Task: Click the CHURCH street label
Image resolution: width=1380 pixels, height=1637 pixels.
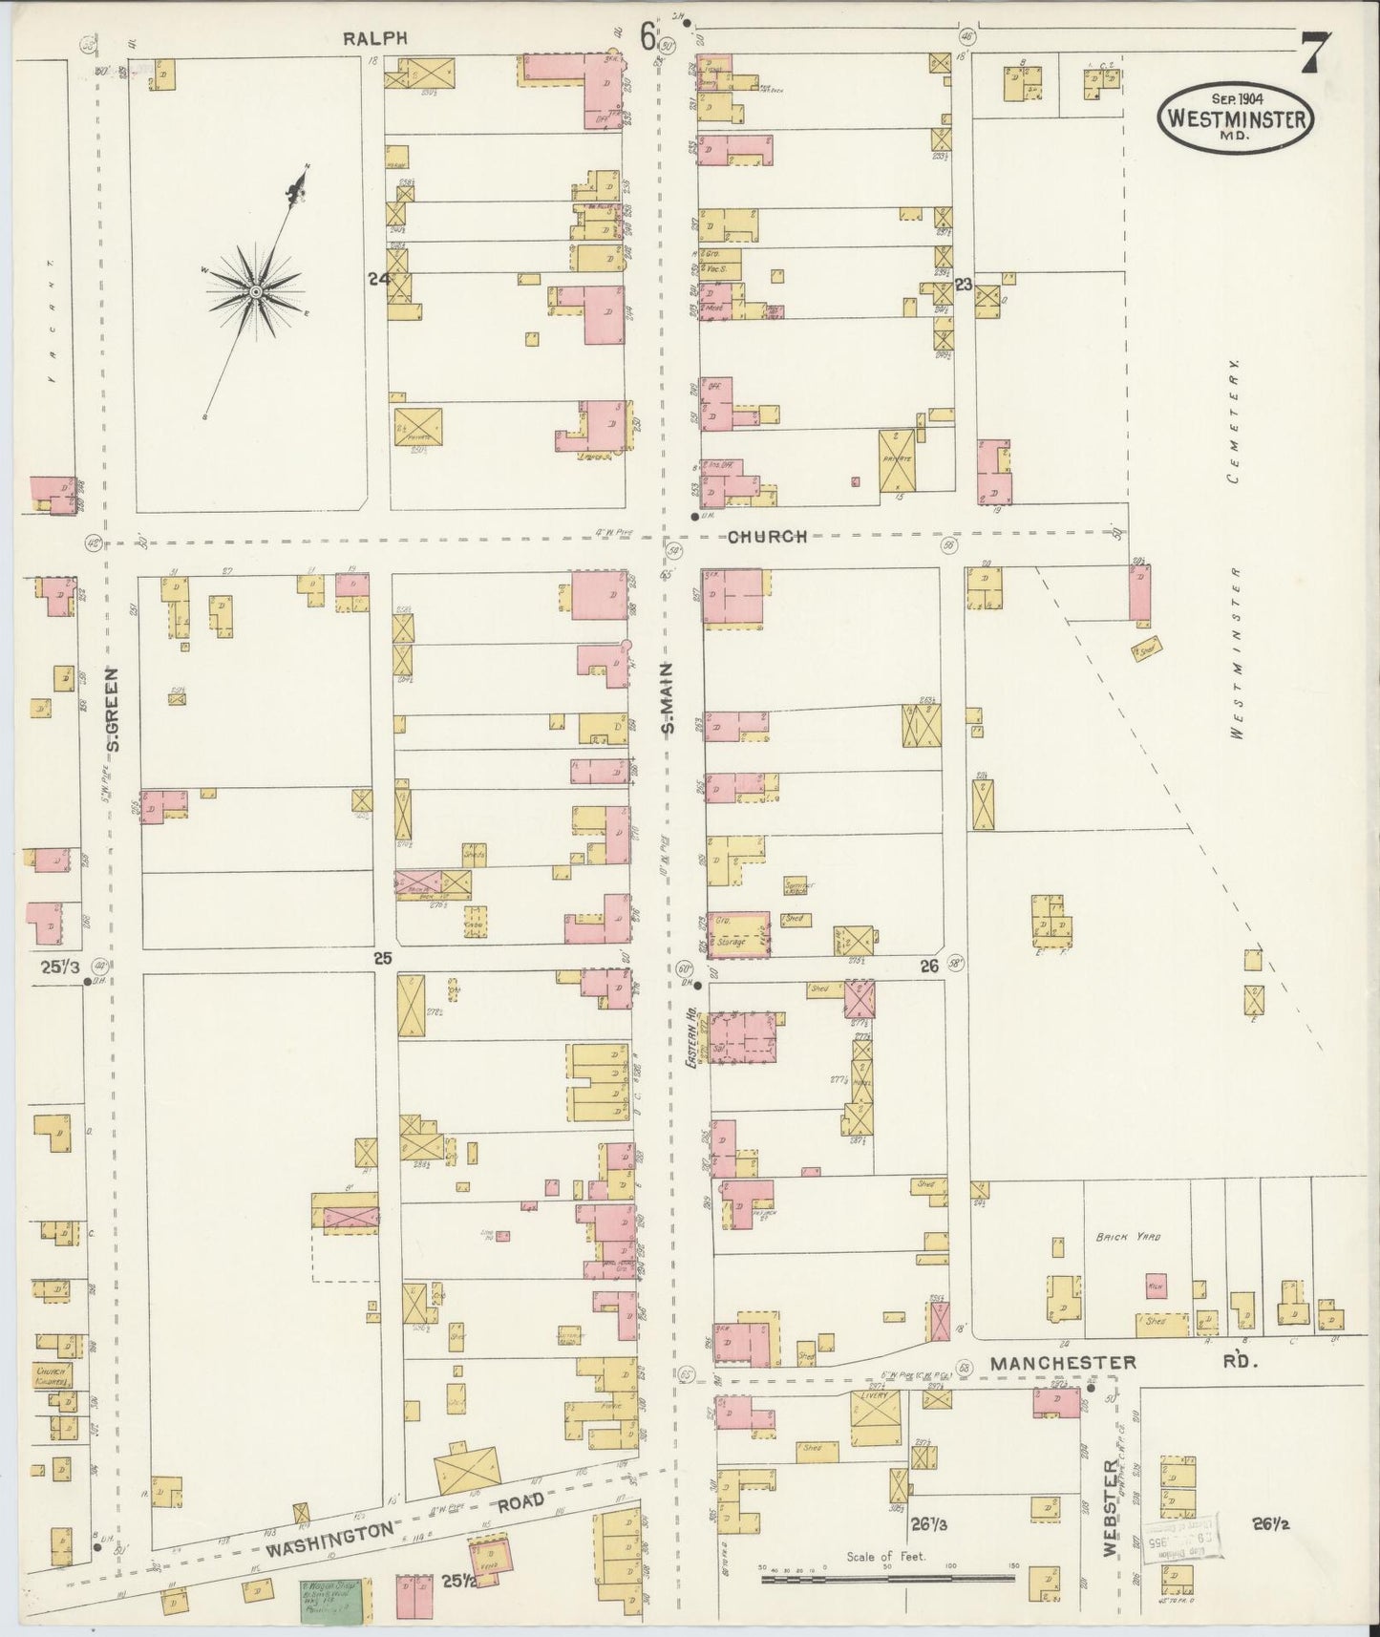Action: coord(767,537)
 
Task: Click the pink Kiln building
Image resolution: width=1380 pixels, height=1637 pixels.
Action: coord(1157,1287)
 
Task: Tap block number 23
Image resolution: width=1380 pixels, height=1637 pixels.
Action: coord(963,284)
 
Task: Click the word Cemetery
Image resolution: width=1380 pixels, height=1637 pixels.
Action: coord(1235,421)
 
